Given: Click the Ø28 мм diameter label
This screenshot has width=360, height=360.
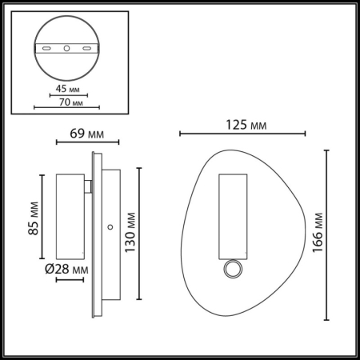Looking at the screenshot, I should pyautogui.click(x=66, y=271).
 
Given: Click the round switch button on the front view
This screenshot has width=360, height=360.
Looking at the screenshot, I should pyautogui.click(x=232, y=270).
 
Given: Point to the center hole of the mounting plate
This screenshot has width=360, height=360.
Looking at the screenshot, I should pyautogui.click(x=66, y=49).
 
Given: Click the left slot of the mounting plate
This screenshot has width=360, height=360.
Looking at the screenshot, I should pyautogui.click(x=47, y=49).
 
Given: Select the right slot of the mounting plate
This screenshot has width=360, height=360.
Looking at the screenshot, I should pyautogui.click(x=85, y=49).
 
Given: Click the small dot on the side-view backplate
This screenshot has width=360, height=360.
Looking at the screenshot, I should pyautogui.click(x=110, y=230).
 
